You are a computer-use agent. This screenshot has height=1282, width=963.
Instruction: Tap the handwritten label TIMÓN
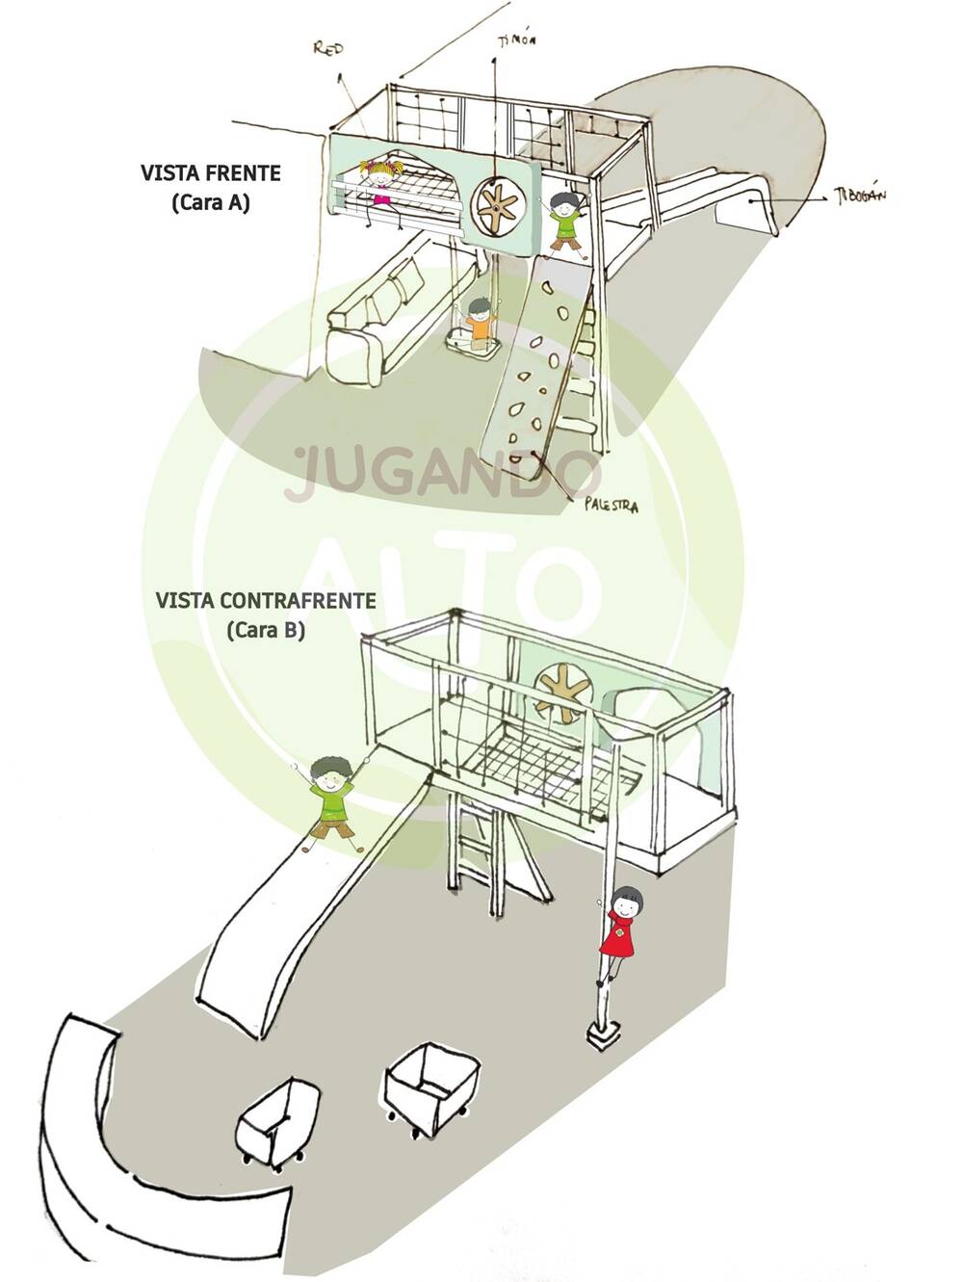[516, 40]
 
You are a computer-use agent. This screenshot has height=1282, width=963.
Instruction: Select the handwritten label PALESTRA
[611, 505]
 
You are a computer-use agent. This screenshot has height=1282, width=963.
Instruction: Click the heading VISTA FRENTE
[211, 173]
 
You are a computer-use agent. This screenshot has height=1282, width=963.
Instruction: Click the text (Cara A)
[211, 203]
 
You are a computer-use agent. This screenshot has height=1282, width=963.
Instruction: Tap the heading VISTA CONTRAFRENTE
[266, 600]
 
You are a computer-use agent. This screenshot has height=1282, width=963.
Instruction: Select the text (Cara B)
[266, 631]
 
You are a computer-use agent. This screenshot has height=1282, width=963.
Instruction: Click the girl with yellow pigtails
[382, 183]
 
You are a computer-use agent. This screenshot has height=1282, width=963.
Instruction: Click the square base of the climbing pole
[603, 1035]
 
